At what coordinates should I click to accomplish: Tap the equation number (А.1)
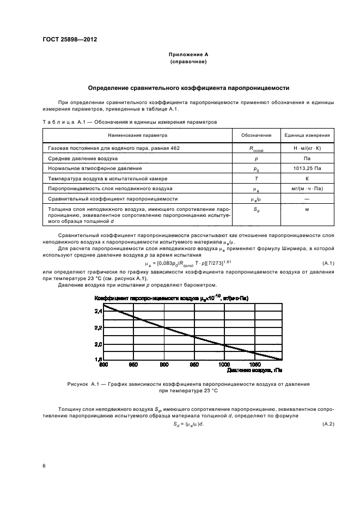[328, 264]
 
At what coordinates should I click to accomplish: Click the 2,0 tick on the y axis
[98, 344]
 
